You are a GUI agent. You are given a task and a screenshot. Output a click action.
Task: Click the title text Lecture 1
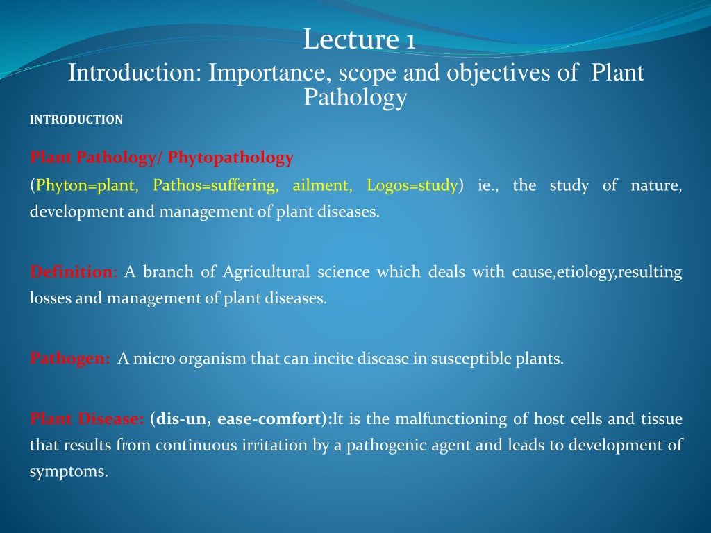click(x=359, y=39)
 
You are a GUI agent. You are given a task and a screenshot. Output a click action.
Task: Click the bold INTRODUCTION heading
click(x=76, y=119)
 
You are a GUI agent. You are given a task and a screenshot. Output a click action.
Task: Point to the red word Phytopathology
click(x=231, y=158)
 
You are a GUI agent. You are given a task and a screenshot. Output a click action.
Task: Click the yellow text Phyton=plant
click(x=87, y=185)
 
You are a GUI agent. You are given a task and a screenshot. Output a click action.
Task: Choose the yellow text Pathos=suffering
click(x=216, y=185)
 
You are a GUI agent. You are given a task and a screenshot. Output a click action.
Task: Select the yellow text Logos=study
click(x=412, y=185)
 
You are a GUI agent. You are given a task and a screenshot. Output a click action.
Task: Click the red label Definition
click(x=72, y=271)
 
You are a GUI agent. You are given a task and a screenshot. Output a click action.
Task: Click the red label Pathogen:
click(x=70, y=359)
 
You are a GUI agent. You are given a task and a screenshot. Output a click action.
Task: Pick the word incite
click(x=333, y=359)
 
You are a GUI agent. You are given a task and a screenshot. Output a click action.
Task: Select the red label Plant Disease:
click(x=87, y=418)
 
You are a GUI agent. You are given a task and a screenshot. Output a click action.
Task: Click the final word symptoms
click(x=69, y=472)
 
